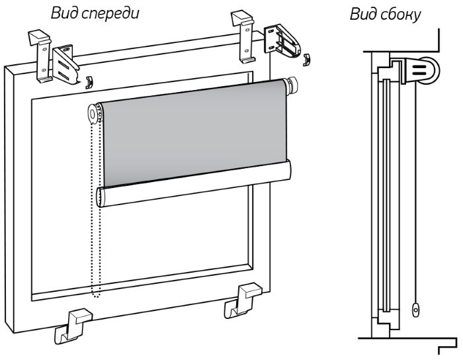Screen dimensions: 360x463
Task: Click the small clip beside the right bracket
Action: point(305,60)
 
